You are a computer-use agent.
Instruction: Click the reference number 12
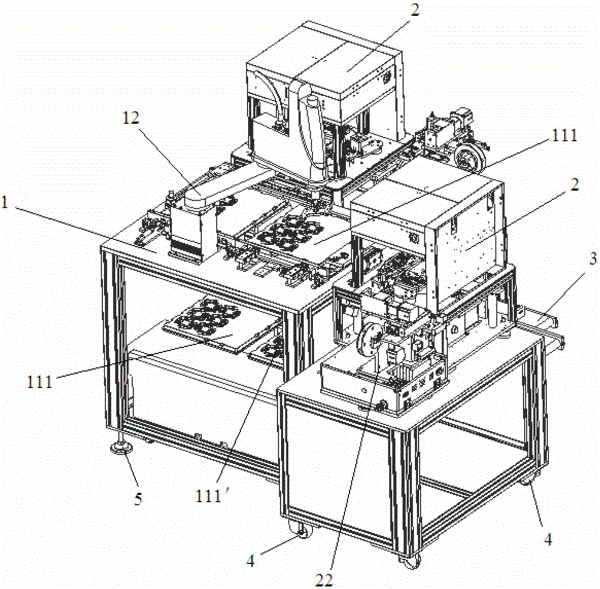pyautogui.click(x=131, y=118)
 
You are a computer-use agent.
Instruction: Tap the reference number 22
pyautogui.click(x=324, y=581)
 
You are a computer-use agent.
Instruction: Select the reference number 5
pyautogui.click(x=138, y=498)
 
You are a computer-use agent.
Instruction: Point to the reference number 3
pyautogui.click(x=593, y=259)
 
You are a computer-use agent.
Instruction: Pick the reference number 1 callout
pyautogui.click(x=5, y=202)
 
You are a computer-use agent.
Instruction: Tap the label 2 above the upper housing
pyautogui.click(x=415, y=10)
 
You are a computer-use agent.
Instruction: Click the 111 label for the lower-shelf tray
pyautogui.click(x=40, y=381)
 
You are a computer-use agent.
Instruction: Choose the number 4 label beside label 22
pyautogui.click(x=251, y=561)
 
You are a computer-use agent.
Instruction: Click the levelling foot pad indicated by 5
pyautogui.click(x=121, y=447)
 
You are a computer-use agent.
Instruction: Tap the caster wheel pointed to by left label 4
pyautogui.click(x=302, y=531)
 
